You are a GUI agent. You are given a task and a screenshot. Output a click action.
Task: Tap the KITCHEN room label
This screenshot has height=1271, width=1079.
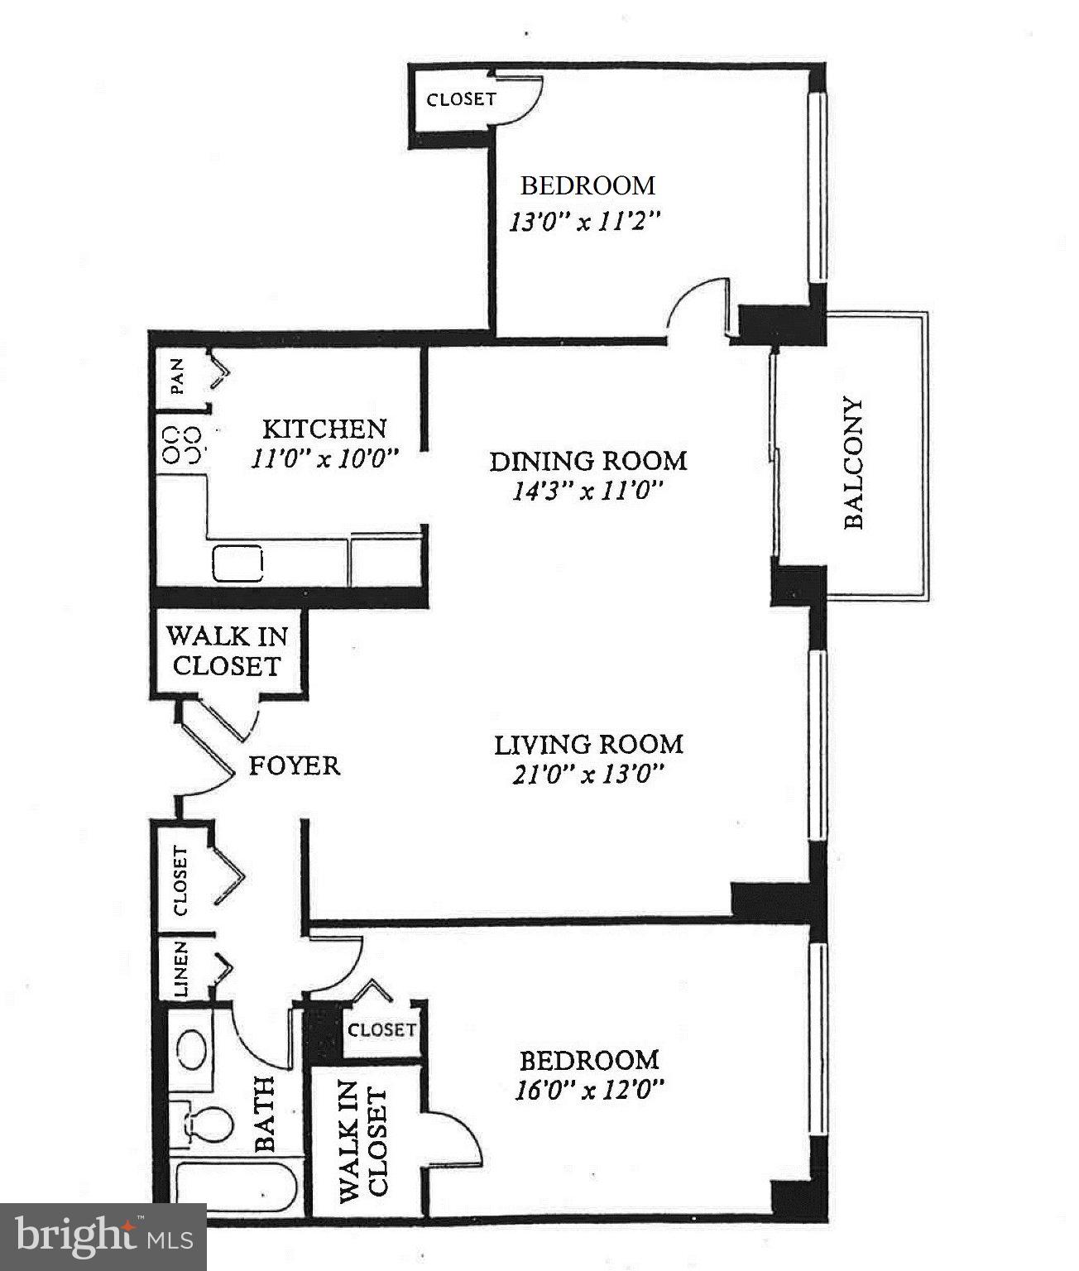click(324, 429)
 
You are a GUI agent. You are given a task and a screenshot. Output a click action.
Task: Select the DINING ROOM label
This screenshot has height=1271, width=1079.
click(588, 460)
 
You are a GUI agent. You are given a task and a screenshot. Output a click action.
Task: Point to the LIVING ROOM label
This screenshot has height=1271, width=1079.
click(588, 744)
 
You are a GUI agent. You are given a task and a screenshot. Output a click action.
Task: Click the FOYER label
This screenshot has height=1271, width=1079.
click(295, 765)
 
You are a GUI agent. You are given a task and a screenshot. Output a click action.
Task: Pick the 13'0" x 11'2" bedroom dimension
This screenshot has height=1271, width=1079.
click(587, 222)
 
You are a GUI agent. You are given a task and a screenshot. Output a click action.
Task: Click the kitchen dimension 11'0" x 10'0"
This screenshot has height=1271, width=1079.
click(325, 458)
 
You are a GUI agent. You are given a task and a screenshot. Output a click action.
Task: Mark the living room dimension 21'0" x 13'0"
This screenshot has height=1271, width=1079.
click(588, 775)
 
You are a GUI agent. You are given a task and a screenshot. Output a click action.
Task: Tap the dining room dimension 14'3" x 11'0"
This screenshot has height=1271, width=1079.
click(588, 491)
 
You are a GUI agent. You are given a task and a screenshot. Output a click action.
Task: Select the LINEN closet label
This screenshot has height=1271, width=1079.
click(180, 968)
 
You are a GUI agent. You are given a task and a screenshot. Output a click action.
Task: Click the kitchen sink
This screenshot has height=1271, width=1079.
click(237, 564)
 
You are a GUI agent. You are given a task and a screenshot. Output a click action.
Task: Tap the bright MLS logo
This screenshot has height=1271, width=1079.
click(103, 1237)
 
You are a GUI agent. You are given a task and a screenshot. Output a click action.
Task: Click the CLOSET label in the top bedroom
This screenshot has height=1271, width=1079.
click(461, 99)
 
